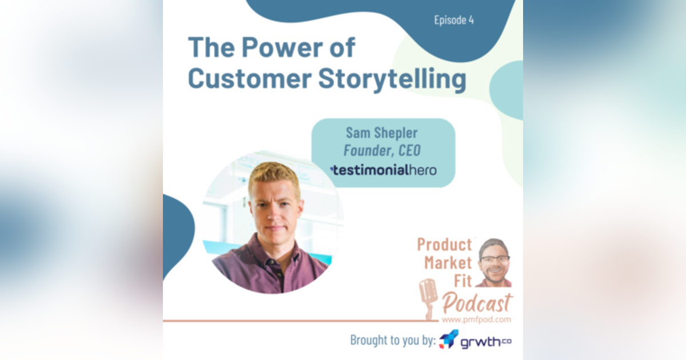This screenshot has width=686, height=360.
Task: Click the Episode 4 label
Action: click(x=454, y=21)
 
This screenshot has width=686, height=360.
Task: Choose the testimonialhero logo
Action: click(x=383, y=170)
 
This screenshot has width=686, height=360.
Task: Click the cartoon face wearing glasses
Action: click(x=493, y=260)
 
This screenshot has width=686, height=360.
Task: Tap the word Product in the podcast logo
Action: click(x=444, y=245)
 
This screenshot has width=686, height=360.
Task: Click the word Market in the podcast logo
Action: click(x=448, y=263)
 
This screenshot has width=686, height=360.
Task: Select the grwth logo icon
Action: click(x=449, y=340)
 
